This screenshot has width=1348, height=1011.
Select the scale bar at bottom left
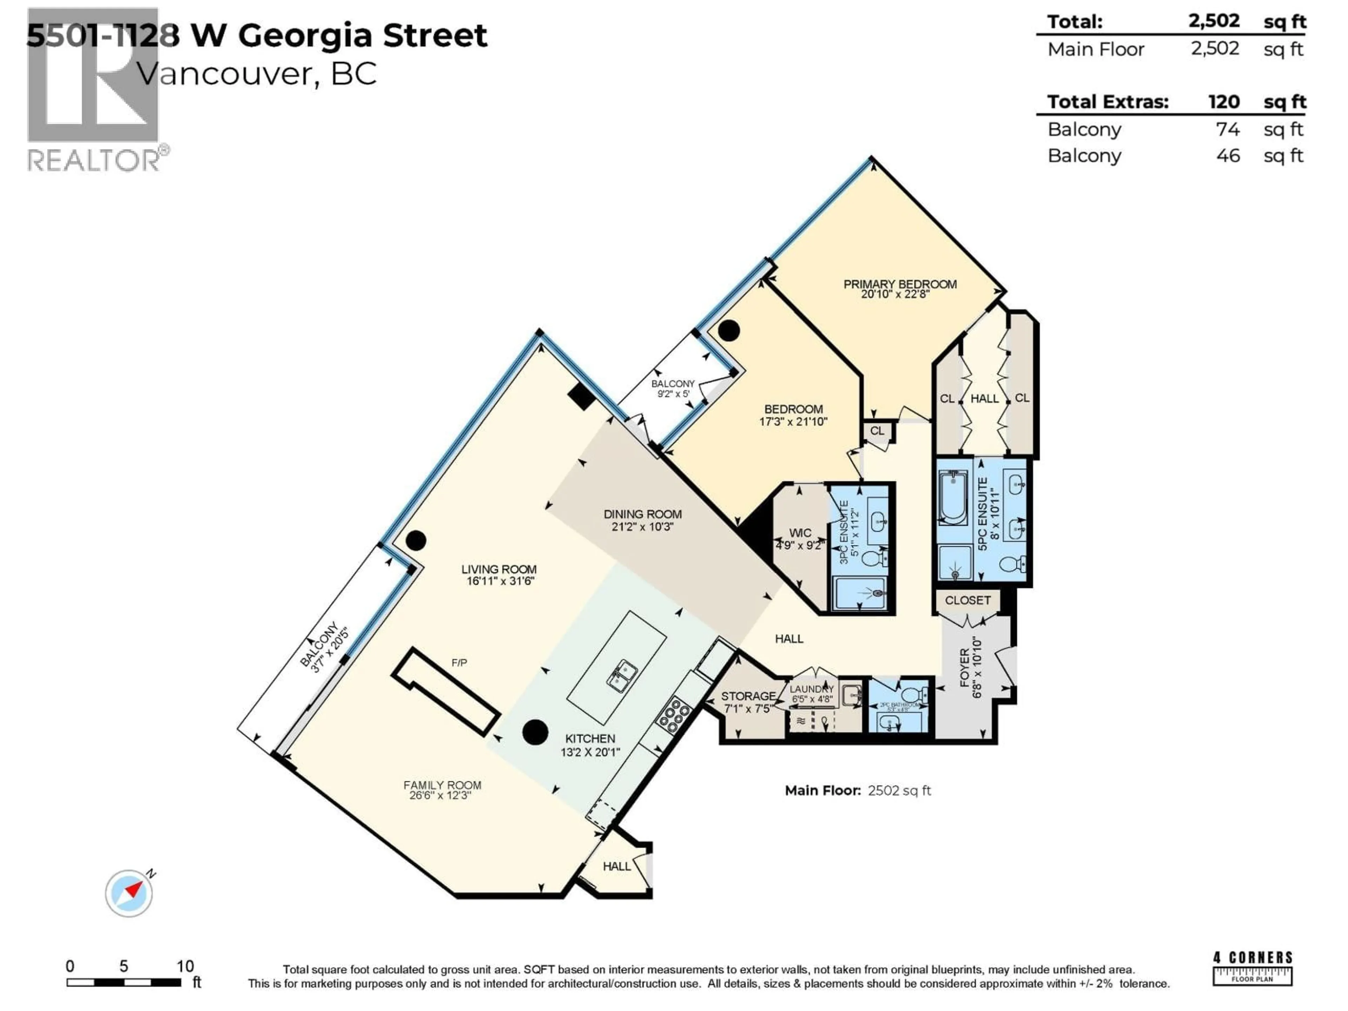click(x=124, y=982)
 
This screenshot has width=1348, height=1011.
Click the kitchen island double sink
click(x=622, y=675)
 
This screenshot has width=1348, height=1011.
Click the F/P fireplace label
click(x=460, y=662)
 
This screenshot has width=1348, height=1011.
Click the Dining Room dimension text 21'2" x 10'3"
click(x=642, y=527)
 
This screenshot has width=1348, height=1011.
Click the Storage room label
click(x=748, y=696)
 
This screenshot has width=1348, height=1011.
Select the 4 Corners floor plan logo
click(x=1252, y=968)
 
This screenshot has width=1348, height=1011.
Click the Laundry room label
click(x=811, y=689)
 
